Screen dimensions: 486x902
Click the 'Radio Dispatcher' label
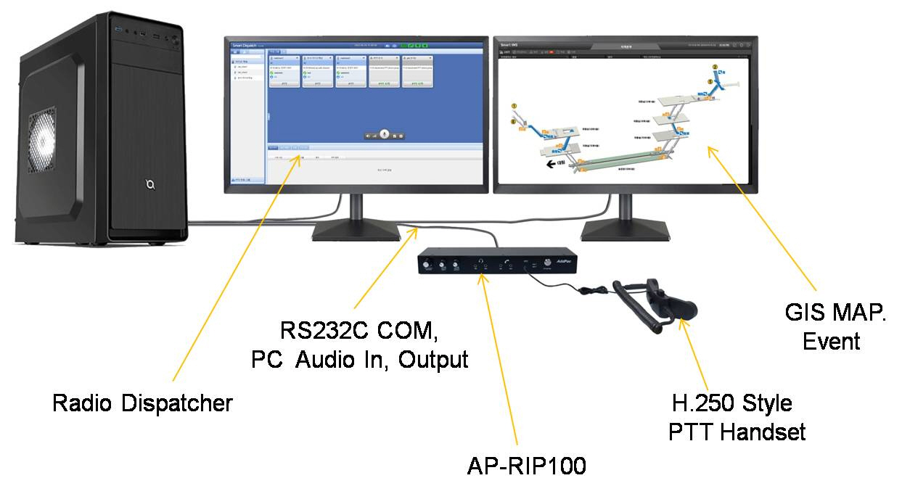pyautogui.click(x=142, y=403)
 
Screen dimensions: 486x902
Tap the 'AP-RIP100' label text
pyautogui.click(x=526, y=465)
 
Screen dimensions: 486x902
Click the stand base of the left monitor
pyautogui.click(x=356, y=231)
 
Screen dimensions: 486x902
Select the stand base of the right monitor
pyautogui.click(x=626, y=231)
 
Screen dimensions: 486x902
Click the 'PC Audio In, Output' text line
pyautogui.click(x=359, y=358)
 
